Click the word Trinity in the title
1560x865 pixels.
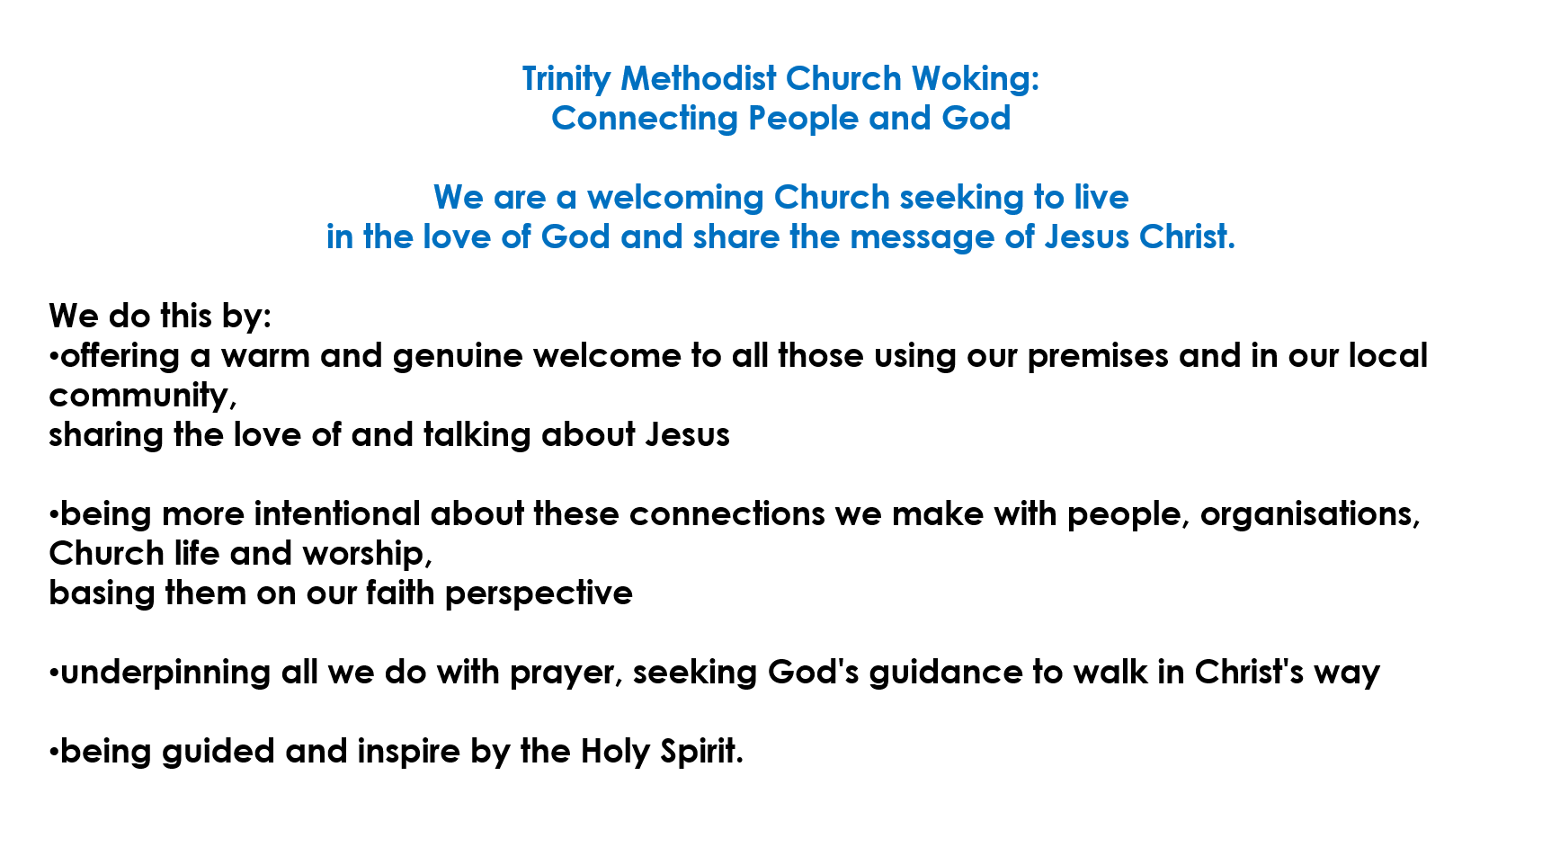566,80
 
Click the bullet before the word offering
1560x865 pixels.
54,357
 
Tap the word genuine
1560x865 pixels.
458,357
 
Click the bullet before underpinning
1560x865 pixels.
54,673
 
